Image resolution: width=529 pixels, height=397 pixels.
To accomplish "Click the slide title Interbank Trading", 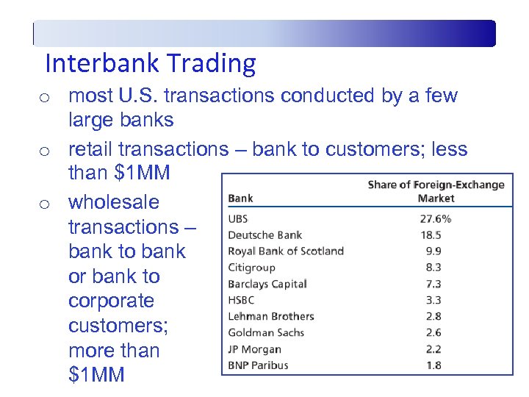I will click(x=150, y=64).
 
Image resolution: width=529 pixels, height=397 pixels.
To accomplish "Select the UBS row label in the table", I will click(x=238, y=219).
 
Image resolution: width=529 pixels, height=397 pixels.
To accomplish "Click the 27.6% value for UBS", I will click(x=435, y=219).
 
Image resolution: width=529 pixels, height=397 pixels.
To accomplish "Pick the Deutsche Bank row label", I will click(x=264, y=235).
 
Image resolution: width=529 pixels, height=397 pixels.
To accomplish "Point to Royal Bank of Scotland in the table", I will click(x=286, y=251).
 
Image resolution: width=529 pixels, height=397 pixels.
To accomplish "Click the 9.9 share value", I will click(x=433, y=251).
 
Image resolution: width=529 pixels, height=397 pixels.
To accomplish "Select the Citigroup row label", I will click(x=251, y=268).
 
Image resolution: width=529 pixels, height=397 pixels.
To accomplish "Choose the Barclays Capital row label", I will click(x=267, y=284).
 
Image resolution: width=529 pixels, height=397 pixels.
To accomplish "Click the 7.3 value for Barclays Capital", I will click(x=433, y=284).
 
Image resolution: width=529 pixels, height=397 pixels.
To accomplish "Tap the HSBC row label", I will click(x=242, y=300).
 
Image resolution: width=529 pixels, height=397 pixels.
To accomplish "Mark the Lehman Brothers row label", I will click(x=270, y=316).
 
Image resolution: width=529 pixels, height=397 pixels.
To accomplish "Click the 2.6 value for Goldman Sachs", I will click(x=433, y=332).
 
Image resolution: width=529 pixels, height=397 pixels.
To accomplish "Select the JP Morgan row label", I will click(x=254, y=349).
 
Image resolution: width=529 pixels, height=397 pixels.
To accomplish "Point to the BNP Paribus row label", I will click(x=258, y=365).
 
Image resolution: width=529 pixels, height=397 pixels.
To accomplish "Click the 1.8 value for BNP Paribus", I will click(x=433, y=365).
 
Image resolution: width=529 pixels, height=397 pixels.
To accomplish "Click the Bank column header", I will click(x=240, y=198).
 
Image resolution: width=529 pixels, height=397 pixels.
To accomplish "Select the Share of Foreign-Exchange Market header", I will click(x=436, y=191).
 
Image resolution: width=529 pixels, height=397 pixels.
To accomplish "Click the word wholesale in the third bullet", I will click(x=113, y=202).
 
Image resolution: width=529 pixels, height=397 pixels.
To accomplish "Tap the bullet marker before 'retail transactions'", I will click(x=45, y=151).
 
